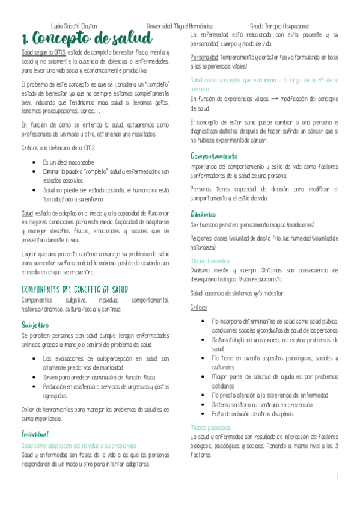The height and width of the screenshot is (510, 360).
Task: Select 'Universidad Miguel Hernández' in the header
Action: click(x=180, y=26)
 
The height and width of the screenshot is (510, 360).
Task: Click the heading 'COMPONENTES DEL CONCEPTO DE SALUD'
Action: click(x=79, y=289)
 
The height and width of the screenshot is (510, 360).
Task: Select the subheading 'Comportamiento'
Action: click(x=213, y=156)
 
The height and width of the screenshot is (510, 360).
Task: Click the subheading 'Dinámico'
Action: click(x=203, y=214)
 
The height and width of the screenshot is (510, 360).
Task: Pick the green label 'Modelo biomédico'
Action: click(x=210, y=262)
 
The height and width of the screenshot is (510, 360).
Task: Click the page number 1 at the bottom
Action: click(x=338, y=477)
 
